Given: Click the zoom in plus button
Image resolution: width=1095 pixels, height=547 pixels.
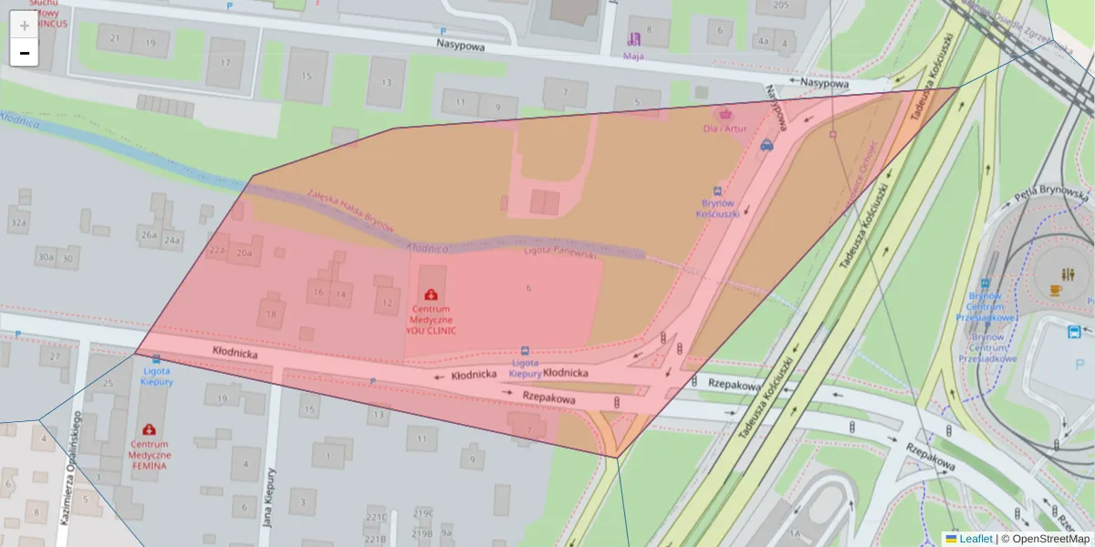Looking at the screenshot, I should tap(25, 26).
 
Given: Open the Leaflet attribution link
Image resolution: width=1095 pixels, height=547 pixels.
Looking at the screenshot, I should tap(975, 539).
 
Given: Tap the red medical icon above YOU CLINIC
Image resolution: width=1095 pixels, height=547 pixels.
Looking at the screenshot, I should tap(430, 294).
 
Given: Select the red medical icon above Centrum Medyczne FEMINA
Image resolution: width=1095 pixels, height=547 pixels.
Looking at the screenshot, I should tap(150, 428).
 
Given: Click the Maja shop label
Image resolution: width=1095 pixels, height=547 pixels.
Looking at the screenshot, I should tap(633, 56).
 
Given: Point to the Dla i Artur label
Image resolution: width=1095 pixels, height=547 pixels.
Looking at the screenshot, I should tap(725, 129).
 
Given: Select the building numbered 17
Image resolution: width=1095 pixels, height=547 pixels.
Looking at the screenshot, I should tap(224, 65).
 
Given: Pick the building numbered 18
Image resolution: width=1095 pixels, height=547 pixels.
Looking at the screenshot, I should tap(271, 314).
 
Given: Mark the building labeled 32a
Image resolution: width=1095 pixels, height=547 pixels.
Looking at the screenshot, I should tap(17, 222).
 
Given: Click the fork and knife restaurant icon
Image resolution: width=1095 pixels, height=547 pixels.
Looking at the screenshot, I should tap(1068, 274).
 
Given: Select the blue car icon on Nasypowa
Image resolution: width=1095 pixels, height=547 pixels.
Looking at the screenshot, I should tap(766, 144).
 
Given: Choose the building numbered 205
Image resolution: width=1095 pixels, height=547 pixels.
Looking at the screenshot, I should tap(781, 5).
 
